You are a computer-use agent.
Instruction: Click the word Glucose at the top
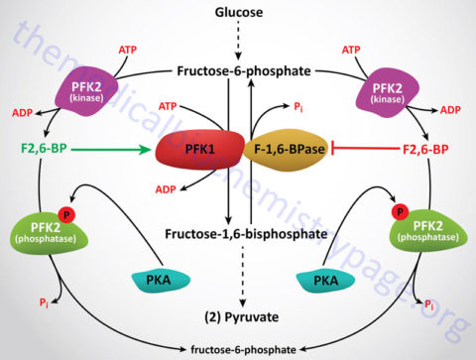tap(237, 12)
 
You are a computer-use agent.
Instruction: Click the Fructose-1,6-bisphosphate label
tap(237, 233)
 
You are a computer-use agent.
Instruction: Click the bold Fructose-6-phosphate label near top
tap(237, 71)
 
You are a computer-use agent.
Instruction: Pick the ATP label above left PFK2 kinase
tap(127, 49)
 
